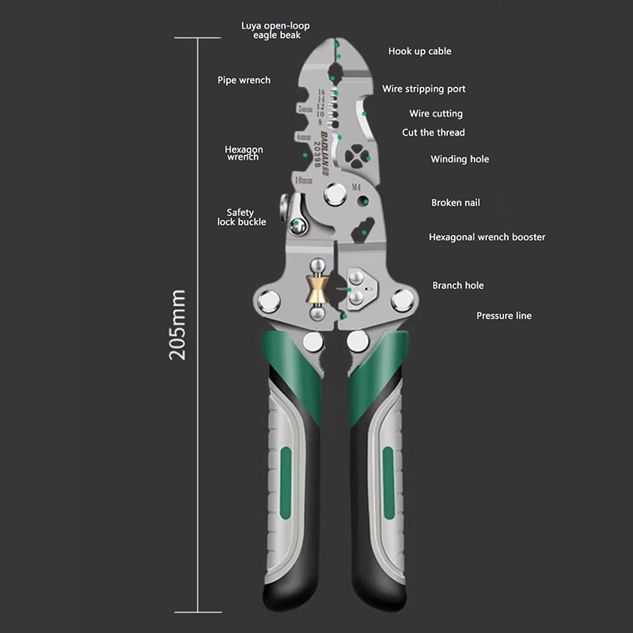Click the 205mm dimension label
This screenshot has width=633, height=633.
[x=179, y=325]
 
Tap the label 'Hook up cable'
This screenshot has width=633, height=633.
[x=419, y=51]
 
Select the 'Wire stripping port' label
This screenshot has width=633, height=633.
[x=423, y=89]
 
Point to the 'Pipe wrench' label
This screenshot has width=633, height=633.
[x=244, y=80]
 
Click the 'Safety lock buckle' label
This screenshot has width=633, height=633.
[x=241, y=218]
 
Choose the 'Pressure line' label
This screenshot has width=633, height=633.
[x=503, y=316]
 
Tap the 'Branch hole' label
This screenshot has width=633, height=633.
[x=457, y=286]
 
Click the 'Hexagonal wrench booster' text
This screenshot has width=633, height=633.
[x=487, y=237]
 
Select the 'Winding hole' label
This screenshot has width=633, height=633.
[x=459, y=160]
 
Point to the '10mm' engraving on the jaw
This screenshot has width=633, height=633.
[x=302, y=181]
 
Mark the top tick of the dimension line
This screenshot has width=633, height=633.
[x=196, y=37]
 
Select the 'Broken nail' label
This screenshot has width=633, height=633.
[x=455, y=203]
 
